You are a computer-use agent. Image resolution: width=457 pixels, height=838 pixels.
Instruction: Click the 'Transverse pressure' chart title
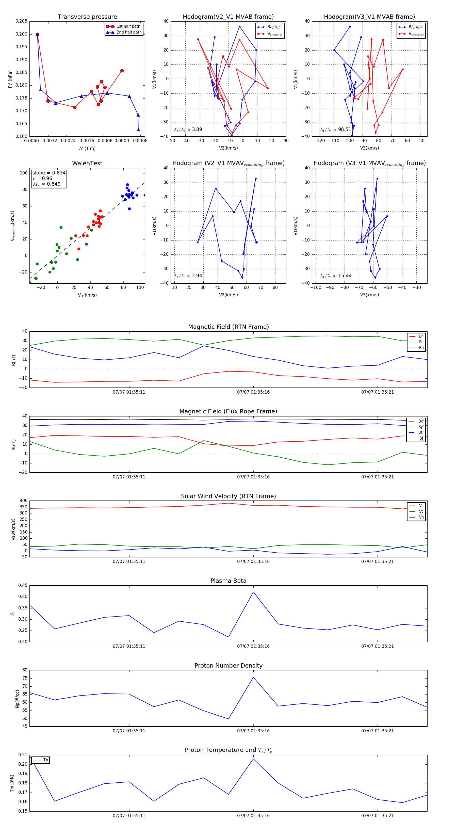click(x=87, y=17)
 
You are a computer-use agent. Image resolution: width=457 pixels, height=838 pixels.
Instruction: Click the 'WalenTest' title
click(x=87, y=163)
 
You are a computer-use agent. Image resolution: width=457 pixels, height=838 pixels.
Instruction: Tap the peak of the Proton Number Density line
click(x=253, y=677)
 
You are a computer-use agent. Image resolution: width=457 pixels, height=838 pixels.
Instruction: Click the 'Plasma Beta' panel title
click(x=228, y=581)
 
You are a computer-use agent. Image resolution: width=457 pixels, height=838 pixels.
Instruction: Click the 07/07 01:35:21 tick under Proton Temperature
click(x=377, y=816)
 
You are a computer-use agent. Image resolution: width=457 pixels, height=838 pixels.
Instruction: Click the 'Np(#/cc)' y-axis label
click(x=17, y=699)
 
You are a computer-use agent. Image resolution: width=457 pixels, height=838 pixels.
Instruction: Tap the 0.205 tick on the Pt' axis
click(x=22, y=21)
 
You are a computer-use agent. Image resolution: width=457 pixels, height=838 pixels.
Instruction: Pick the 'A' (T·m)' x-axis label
click(x=87, y=149)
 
